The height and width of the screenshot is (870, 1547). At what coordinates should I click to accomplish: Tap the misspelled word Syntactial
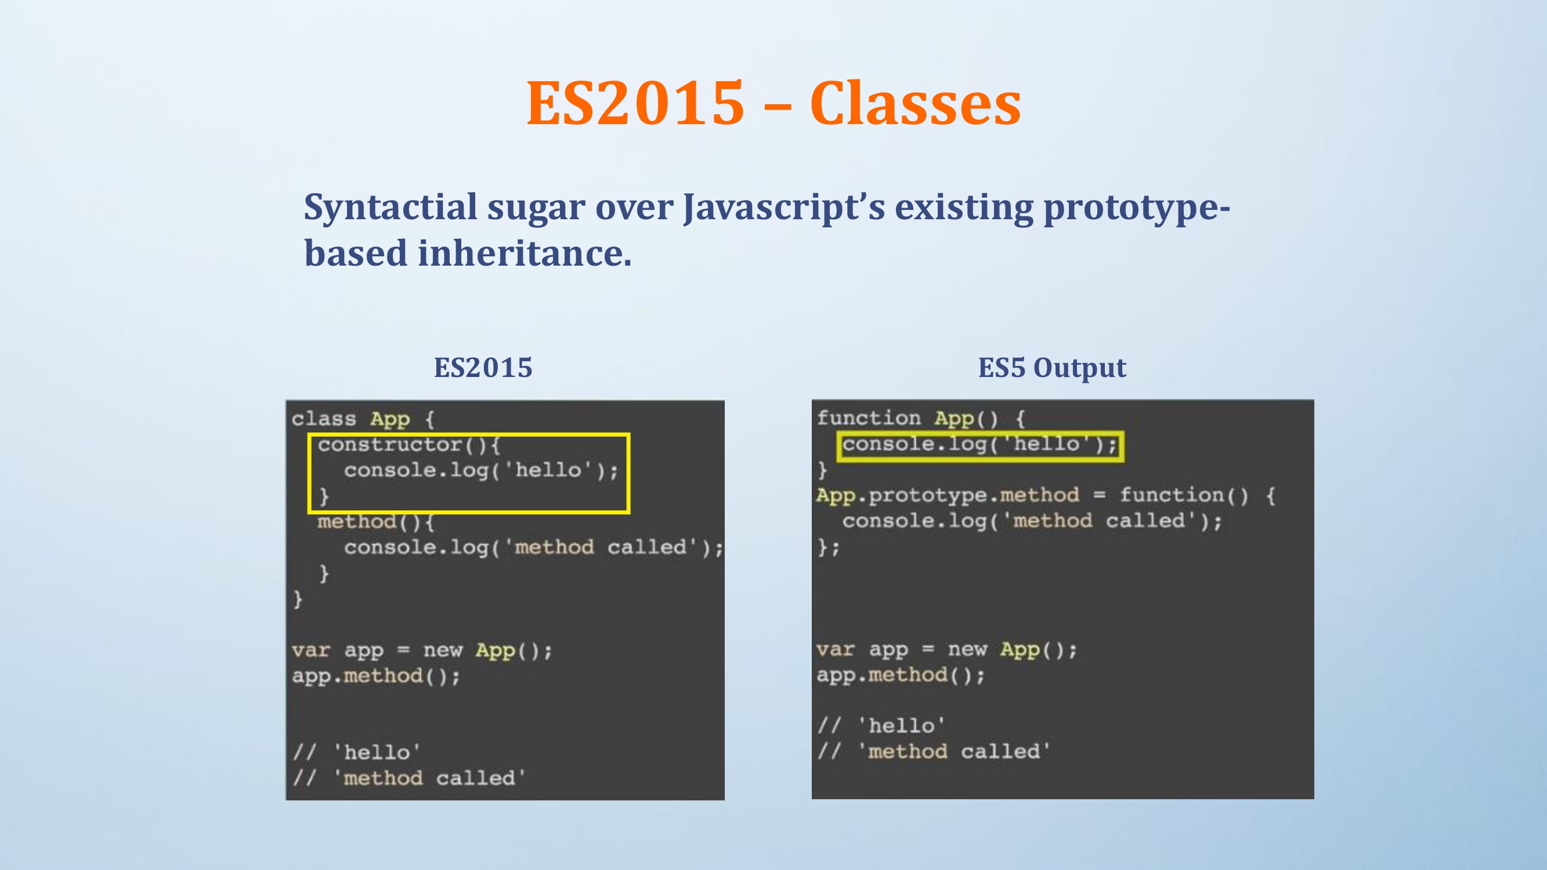[x=391, y=208]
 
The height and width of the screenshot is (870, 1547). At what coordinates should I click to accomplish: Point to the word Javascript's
[x=784, y=208]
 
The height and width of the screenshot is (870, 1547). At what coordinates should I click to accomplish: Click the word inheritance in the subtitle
[x=525, y=253]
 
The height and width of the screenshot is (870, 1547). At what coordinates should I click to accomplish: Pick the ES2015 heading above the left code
[x=483, y=368]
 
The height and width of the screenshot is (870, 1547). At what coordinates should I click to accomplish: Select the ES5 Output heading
[x=1051, y=368]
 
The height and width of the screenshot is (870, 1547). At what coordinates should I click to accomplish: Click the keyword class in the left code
[x=324, y=419]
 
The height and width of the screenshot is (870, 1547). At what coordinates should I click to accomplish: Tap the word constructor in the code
[x=390, y=444]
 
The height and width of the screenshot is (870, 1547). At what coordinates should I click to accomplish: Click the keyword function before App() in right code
[x=869, y=417]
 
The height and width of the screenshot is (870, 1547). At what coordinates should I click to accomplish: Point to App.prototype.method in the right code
[x=948, y=495]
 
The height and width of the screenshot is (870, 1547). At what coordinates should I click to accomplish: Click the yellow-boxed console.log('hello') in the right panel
[x=979, y=445]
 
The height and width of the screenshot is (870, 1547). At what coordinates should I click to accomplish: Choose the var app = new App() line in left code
[x=422, y=650]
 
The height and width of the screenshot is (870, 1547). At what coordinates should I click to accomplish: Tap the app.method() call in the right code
[x=901, y=676]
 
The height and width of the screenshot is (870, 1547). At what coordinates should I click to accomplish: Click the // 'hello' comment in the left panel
[x=357, y=752]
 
